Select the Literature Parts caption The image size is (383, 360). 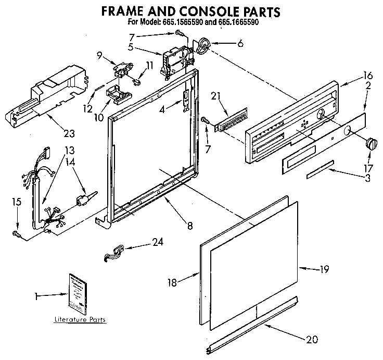(81, 319)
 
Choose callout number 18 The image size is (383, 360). (172, 282)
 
